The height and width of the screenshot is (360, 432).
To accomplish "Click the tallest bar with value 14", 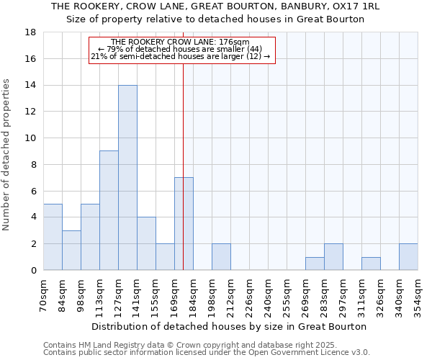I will [127, 178].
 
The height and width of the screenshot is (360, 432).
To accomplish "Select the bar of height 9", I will [109, 210].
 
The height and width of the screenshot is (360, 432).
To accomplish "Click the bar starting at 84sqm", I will [71, 250].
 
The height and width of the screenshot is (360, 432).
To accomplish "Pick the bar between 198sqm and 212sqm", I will [221, 257].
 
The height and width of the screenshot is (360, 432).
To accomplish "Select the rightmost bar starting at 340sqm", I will [408, 257].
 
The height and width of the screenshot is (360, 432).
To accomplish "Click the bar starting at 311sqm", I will [371, 264].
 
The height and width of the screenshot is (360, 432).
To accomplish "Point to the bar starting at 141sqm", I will [146, 243].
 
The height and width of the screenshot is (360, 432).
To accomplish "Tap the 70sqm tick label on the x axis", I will [44, 294].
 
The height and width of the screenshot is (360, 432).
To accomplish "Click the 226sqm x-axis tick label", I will [250, 294].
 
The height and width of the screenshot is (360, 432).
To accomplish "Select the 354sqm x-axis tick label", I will [418, 294].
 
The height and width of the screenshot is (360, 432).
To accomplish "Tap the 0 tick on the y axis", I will [33, 270].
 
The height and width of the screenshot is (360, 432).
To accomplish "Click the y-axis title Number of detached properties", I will [7, 155].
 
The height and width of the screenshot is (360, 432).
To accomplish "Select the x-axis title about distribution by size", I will [230, 326].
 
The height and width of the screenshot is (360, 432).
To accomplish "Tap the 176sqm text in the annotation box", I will [237, 42].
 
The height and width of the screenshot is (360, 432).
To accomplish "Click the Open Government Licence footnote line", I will [206, 353].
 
